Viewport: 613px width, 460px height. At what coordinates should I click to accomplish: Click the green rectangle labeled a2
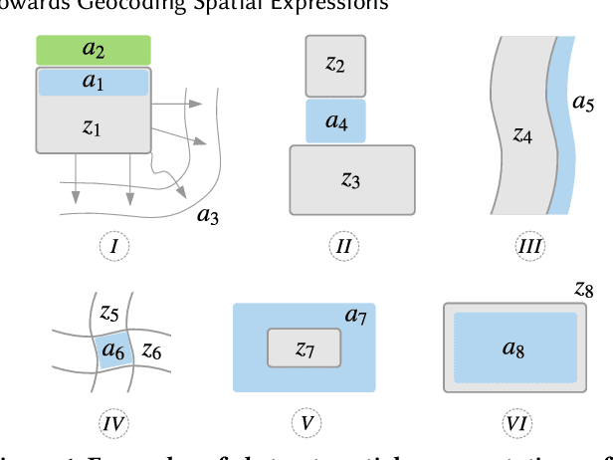[x=94, y=50]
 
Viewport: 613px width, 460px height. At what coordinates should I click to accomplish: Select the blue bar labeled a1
[x=94, y=82]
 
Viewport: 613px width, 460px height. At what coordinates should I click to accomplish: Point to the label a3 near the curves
[x=209, y=216]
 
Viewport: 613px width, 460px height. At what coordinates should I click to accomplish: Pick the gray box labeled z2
[x=335, y=66]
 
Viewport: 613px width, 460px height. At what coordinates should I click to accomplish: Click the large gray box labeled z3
[x=351, y=179]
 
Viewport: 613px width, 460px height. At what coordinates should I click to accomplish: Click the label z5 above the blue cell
[x=109, y=311]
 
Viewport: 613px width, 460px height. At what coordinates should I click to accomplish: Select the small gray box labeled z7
[x=305, y=348]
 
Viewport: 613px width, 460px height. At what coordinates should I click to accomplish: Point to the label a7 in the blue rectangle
[x=356, y=316]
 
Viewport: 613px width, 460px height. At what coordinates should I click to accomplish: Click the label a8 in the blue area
[x=513, y=348]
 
